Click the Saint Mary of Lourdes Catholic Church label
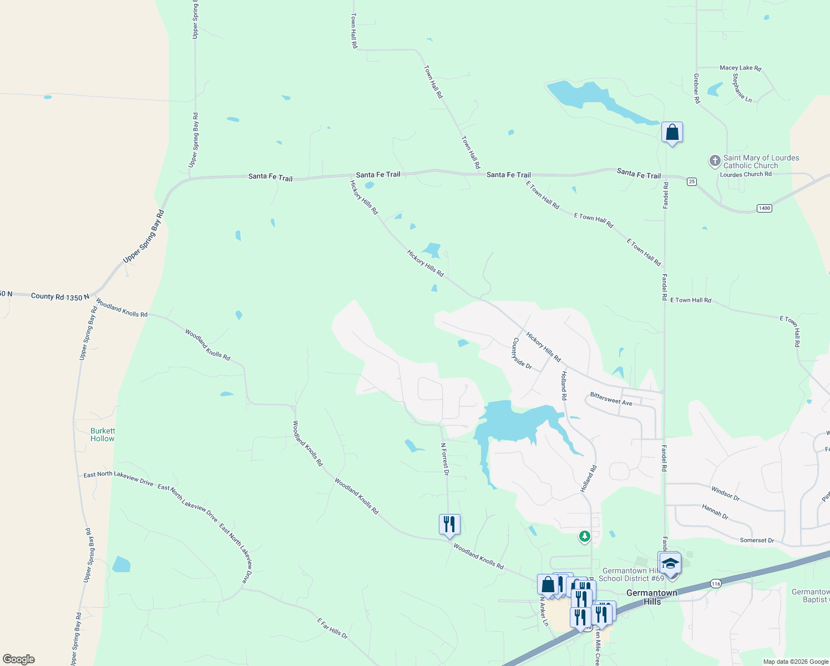[761, 162]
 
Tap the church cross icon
[715, 161]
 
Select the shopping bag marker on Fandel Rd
[672, 133]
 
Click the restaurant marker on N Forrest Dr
[449, 524]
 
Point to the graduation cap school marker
[670, 563]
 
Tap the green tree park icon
[584, 537]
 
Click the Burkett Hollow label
[103, 435]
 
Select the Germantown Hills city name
[652, 597]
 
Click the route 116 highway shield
[715, 584]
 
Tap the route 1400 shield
[764, 208]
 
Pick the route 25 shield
[691, 181]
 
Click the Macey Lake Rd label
[740, 68]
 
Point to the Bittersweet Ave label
[611, 399]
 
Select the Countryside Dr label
[522, 354]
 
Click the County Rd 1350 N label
[60, 297]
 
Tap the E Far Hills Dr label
[332, 628]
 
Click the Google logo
[19, 659]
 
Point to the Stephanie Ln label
[742, 88]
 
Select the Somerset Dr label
[757, 540]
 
